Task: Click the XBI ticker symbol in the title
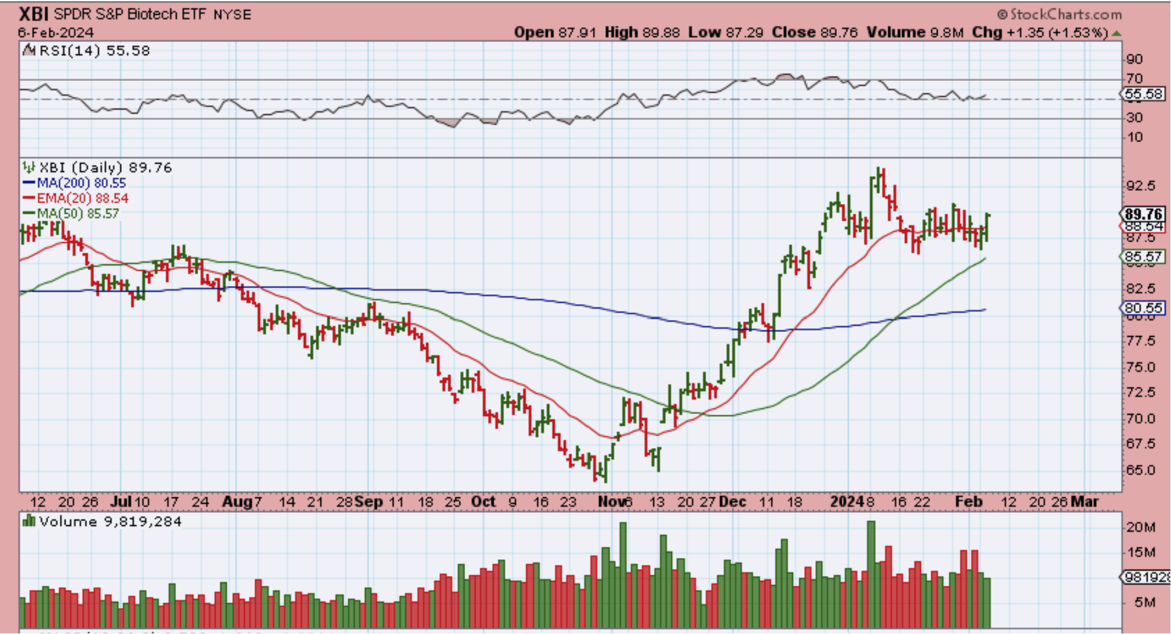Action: (x=34, y=14)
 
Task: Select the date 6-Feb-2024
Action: (x=56, y=32)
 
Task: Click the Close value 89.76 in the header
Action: (x=815, y=32)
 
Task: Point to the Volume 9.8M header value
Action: (x=915, y=32)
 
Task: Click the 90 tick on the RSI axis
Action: (x=1135, y=59)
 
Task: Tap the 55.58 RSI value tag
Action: (x=1143, y=94)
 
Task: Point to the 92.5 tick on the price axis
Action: (x=1140, y=185)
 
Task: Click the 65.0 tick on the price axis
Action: (x=1140, y=470)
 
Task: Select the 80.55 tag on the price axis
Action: (x=1143, y=308)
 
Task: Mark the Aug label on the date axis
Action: (x=237, y=502)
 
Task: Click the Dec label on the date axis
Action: (x=732, y=502)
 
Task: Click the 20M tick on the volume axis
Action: (x=1140, y=527)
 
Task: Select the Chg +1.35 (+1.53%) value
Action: (x=1040, y=32)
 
